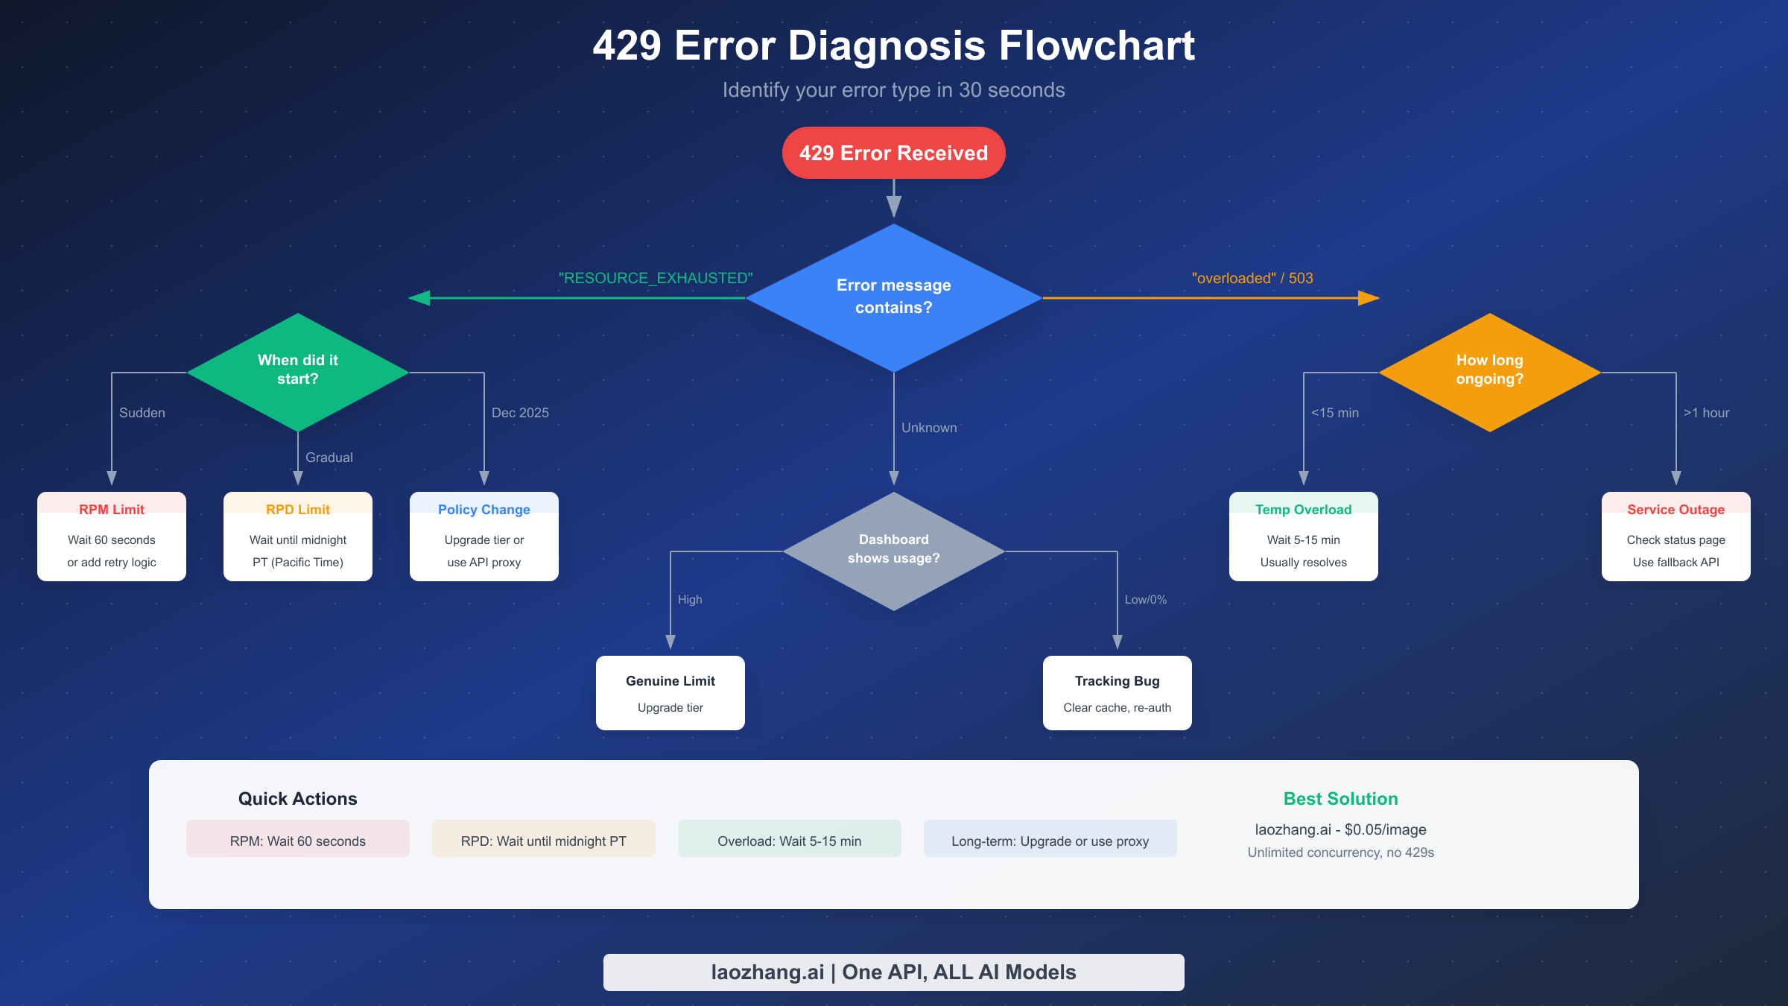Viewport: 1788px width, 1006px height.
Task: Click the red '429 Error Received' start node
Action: tap(893, 153)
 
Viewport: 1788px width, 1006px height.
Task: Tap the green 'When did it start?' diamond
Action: tap(297, 371)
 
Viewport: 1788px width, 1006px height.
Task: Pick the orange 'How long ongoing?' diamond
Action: tap(1489, 371)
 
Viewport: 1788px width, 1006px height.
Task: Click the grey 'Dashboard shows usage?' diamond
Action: tap(893, 550)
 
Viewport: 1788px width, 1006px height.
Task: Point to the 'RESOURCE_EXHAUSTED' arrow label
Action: tap(656, 278)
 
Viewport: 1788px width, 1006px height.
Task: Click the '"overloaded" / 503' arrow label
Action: tap(1252, 278)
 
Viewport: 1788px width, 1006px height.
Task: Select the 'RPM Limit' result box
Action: tap(112, 536)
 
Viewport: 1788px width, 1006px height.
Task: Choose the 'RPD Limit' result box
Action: tap(298, 536)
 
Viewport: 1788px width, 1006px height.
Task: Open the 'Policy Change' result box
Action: tap(484, 536)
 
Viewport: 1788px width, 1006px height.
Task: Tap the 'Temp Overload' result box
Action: tap(1303, 536)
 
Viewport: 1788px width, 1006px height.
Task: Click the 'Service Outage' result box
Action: tap(1676, 536)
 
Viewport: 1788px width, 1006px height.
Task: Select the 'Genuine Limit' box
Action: tap(670, 692)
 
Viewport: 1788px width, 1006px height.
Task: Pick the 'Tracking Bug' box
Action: tap(1117, 692)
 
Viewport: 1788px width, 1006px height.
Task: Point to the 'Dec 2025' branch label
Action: tap(520, 413)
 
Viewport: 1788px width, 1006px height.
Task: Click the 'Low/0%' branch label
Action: tap(1145, 600)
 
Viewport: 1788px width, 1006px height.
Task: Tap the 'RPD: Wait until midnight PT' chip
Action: tap(543, 840)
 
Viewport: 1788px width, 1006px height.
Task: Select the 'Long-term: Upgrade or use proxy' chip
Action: tap(1050, 840)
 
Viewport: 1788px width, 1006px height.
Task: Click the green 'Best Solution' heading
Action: tap(1340, 799)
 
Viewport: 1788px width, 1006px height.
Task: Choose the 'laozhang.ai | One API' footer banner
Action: tap(893, 972)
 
